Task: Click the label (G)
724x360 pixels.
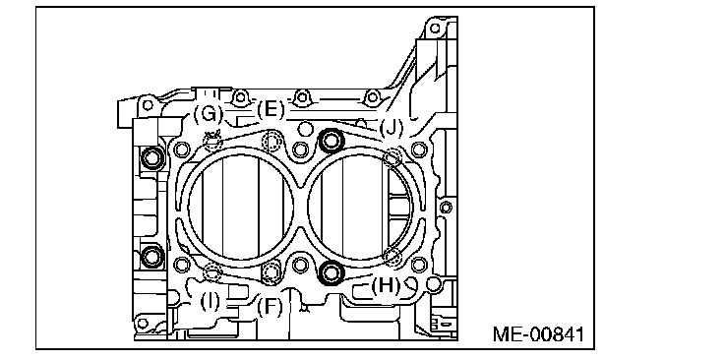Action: [x=208, y=113]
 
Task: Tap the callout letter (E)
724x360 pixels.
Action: [x=271, y=111]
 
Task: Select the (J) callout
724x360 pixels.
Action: [x=392, y=128]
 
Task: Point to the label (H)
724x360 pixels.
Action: [x=386, y=286]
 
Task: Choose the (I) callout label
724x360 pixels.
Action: [x=211, y=302]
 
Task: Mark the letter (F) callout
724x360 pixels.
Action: [x=270, y=307]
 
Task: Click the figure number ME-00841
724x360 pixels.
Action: [x=539, y=334]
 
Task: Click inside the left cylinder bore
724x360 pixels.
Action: [x=241, y=206]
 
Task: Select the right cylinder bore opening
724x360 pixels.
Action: [x=360, y=206]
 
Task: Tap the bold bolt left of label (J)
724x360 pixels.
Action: [x=331, y=141]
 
